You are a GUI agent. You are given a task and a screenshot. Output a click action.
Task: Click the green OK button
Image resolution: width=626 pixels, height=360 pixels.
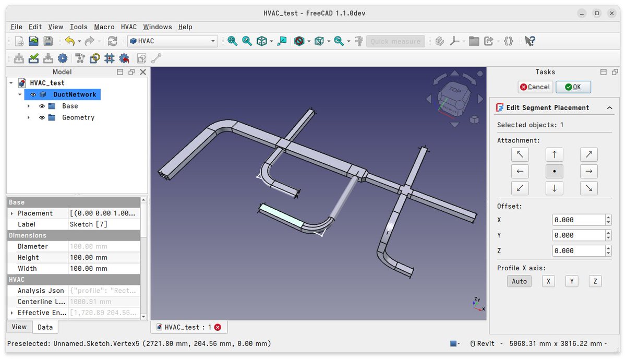tap(573, 87)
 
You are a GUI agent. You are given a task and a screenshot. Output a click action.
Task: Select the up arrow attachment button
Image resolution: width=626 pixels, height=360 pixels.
tap(554, 154)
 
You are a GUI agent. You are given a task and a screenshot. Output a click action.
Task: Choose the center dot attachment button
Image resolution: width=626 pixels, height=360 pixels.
tap(554, 171)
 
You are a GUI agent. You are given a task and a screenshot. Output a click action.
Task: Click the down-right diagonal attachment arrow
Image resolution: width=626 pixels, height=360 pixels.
tap(588, 188)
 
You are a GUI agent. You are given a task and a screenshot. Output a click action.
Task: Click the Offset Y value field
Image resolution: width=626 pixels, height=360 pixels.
tap(578, 235)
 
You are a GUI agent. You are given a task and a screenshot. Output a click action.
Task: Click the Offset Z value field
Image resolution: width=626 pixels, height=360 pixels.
tap(578, 250)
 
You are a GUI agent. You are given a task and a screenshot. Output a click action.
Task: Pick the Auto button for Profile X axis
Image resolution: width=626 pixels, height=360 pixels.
tap(519, 281)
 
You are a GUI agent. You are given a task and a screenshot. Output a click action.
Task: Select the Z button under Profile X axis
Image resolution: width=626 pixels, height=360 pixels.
tap(595, 281)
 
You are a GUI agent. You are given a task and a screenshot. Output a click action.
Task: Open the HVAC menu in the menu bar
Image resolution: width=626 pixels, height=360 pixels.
tap(128, 27)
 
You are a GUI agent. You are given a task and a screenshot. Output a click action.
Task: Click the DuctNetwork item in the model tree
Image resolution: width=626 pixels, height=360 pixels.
tap(75, 94)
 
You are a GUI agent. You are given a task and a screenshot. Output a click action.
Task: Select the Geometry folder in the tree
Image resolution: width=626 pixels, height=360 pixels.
tap(78, 117)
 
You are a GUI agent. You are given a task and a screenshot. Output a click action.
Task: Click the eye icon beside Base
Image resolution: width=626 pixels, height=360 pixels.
tap(42, 106)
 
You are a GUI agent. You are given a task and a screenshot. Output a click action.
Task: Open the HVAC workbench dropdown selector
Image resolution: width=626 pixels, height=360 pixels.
tap(172, 41)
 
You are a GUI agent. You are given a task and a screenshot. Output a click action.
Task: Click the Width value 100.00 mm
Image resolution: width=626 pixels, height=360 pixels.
tap(103, 269)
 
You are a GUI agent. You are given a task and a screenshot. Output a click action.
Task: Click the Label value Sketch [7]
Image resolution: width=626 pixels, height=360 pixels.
tap(103, 224)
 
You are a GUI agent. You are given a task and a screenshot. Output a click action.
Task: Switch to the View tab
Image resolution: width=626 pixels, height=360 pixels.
tap(19, 327)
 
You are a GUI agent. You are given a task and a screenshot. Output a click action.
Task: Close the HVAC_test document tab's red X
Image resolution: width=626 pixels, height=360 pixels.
tap(218, 327)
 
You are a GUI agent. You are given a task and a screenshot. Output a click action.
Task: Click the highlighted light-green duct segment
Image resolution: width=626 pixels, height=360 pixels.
tap(281, 215)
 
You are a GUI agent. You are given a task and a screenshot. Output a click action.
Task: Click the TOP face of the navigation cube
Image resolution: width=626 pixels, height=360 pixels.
tap(454, 91)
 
